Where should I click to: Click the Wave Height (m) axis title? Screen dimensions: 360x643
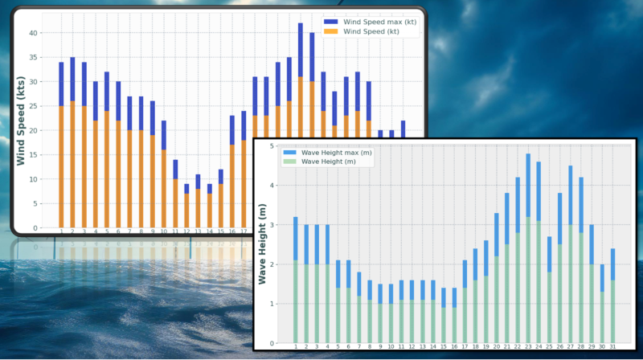(263, 244)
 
